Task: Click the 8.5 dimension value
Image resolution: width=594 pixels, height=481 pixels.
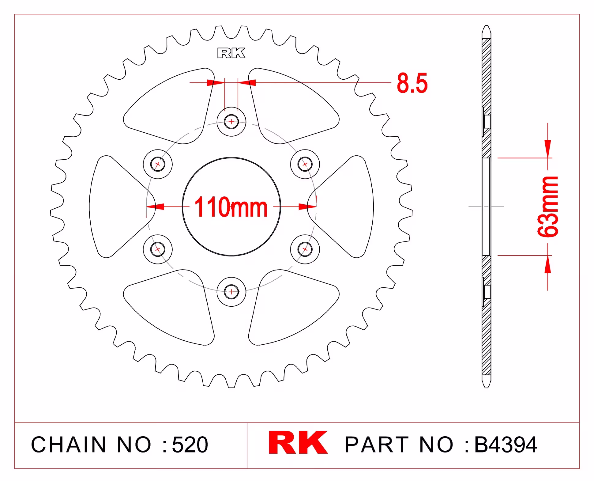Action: (x=412, y=83)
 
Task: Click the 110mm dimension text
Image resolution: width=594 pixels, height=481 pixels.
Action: (x=231, y=207)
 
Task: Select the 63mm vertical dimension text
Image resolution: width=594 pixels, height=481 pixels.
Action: (x=548, y=206)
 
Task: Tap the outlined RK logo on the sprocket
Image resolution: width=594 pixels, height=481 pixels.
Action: (x=231, y=53)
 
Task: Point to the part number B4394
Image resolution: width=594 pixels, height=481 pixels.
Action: (x=506, y=445)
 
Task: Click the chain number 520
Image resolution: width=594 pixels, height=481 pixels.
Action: (x=190, y=445)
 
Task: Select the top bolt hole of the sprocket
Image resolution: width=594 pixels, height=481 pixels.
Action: (x=231, y=122)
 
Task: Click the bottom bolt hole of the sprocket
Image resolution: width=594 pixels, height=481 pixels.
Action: (x=231, y=292)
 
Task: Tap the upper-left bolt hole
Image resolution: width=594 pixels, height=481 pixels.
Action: (x=158, y=164)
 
